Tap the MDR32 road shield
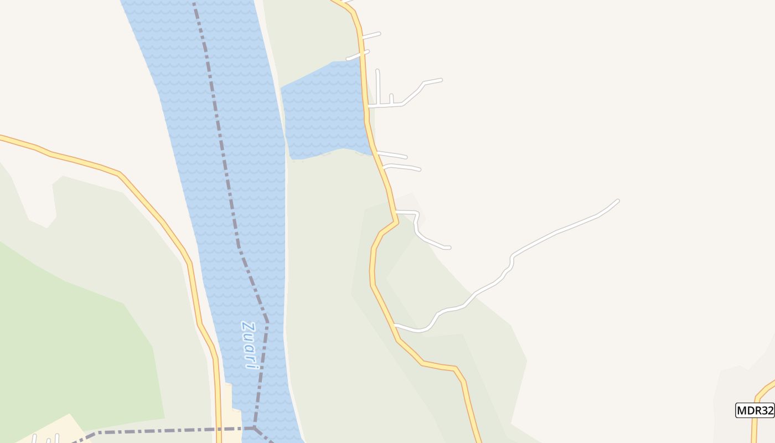755,410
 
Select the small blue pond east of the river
324,111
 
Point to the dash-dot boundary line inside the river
224,166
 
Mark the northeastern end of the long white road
617,201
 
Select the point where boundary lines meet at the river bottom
254,428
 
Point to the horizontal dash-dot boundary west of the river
166,430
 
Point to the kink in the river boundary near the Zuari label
267,320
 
